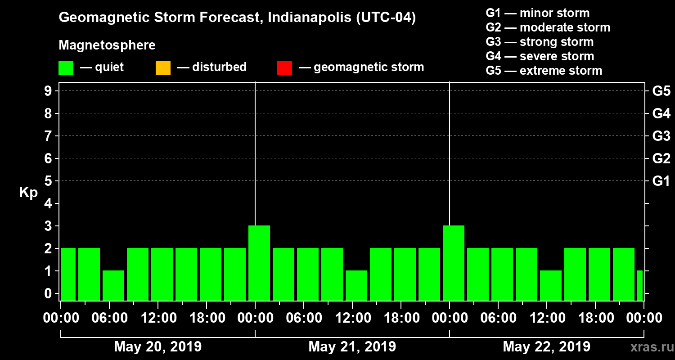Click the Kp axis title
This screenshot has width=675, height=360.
coord(28,193)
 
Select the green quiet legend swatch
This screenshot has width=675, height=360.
coord(66,67)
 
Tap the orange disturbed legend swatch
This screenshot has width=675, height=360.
coord(163,67)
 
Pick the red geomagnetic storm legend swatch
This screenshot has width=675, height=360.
coord(284,67)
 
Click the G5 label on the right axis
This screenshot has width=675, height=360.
coord(661,91)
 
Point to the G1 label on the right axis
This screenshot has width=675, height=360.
coord(661,181)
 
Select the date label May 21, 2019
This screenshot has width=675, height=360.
coord(352,347)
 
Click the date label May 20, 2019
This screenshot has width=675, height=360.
coord(157,347)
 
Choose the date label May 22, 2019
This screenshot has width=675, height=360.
coord(546,347)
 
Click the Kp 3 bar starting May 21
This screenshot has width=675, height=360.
coord(259,263)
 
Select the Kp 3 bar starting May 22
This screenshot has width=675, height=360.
coord(454,263)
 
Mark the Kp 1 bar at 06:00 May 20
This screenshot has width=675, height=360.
coord(113,285)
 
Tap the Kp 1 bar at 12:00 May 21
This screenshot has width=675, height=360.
coord(356,285)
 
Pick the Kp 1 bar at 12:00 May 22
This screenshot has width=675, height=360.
coord(551,285)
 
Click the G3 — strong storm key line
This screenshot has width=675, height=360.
coord(540,42)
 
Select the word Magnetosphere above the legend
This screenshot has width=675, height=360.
coord(107,45)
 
